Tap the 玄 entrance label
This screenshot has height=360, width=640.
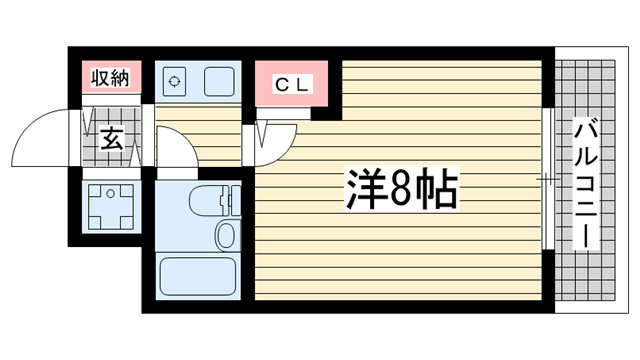[x=112, y=140]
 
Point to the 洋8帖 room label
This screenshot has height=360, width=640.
[x=403, y=189]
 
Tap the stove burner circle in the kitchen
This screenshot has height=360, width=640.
[x=174, y=81]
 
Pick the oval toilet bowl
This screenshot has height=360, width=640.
[x=225, y=236]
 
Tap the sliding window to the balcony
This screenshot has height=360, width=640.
[x=546, y=180]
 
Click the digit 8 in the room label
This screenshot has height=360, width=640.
[x=400, y=189]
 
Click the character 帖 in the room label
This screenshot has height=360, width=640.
[x=438, y=189]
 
